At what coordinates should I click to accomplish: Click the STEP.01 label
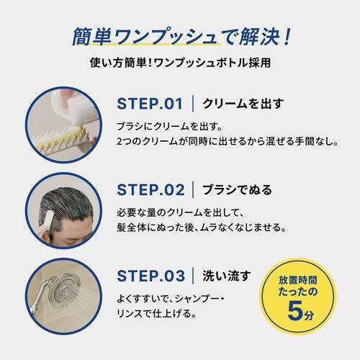[152, 103]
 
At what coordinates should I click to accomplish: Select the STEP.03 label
[152, 276]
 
